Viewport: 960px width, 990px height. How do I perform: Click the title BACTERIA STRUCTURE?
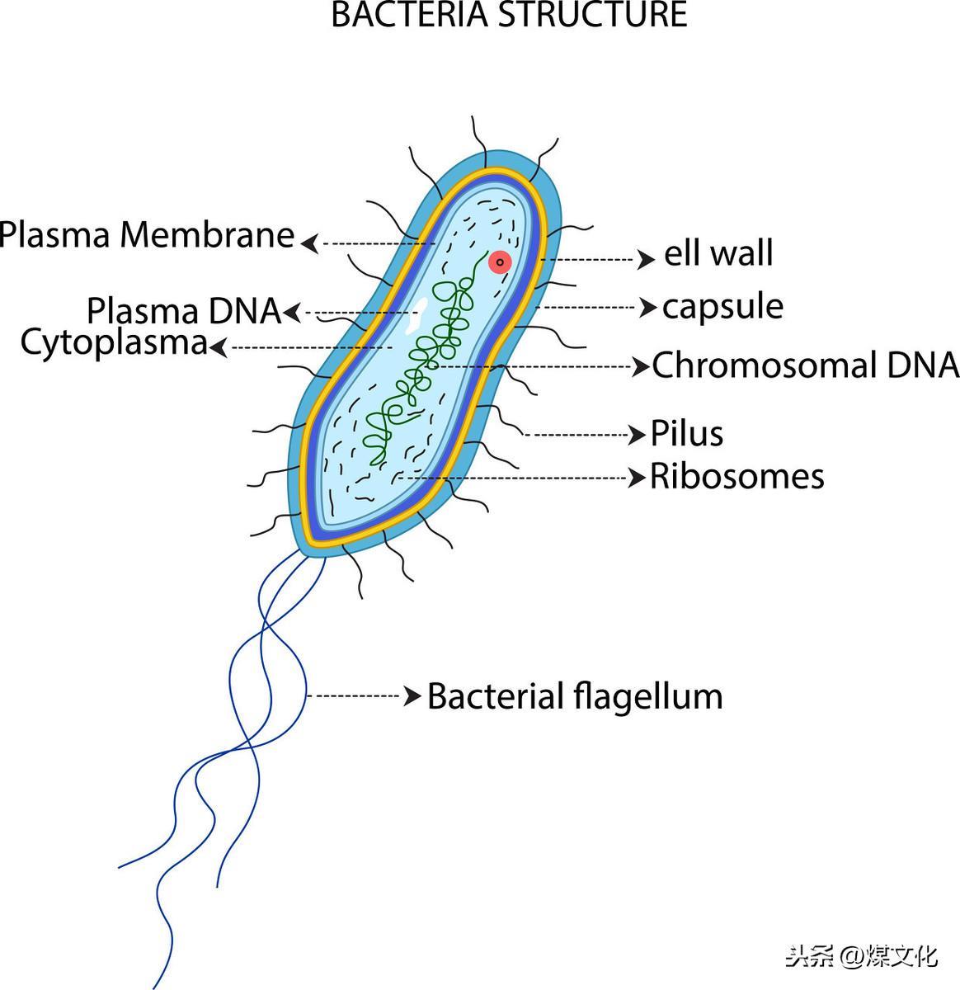(x=509, y=14)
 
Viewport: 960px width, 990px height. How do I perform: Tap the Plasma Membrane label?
(x=147, y=235)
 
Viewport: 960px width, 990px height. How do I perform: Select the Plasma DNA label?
(x=184, y=310)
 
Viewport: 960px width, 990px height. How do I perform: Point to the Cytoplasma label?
(x=114, y=343)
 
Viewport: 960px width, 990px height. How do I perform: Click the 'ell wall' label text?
(x=718, y=252)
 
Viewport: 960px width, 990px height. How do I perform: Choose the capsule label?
(x=722, y=307)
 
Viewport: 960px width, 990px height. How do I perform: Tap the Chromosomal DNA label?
(x=806, y=365)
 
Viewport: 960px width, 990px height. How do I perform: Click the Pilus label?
(x=686, y=433)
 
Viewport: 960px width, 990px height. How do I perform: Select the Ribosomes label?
(x=736, y=477)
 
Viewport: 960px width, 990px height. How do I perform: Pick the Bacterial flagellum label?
(x=575, y=696)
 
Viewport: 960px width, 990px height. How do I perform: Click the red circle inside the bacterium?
(x=500, y=262)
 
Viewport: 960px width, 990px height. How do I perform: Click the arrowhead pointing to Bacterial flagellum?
(x=412, y=695)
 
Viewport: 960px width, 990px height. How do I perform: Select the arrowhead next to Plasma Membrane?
(x=310, y=243)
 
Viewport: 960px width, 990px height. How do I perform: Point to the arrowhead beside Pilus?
(x=638, y=435)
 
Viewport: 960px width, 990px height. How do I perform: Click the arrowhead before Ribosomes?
(x=638, y=478)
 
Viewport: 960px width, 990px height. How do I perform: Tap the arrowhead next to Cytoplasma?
(x=218, y=348)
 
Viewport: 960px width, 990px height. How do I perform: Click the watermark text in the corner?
(x=861, y=956)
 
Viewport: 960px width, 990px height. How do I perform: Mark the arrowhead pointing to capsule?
(x=647, y=307)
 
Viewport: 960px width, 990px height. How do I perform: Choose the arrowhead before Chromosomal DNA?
(x=640, y=366)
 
